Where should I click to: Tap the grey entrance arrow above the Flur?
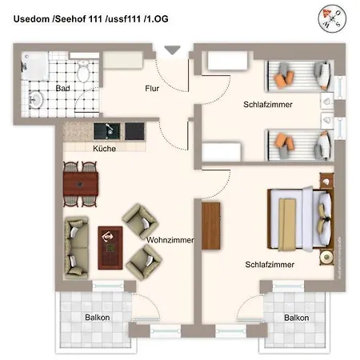click(x=171, y=50)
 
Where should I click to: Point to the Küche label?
click(x=105, y=148)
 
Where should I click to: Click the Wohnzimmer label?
click(x=170, y=238)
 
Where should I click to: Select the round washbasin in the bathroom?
click(x=35, y=99)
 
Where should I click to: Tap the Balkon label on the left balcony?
click(x=98, y=318)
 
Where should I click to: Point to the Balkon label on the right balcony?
click(x=297, y=318)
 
